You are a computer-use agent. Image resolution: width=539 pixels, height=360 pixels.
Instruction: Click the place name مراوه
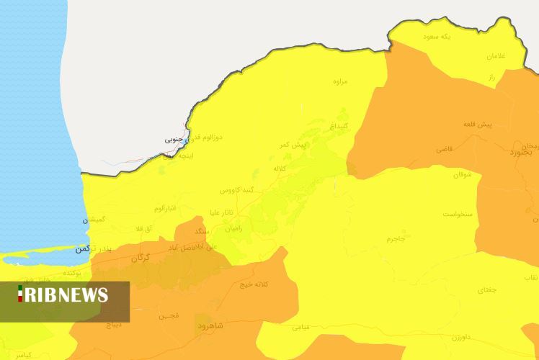coord(340,81)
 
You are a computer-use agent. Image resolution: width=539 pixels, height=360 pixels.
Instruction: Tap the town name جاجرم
coord(395,238)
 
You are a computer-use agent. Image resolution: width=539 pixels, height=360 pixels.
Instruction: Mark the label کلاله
coord(280,168)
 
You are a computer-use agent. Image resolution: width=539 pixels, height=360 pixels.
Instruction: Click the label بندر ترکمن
coord(93,248)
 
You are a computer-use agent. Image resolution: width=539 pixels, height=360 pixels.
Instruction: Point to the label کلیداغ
coord(339,125)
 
